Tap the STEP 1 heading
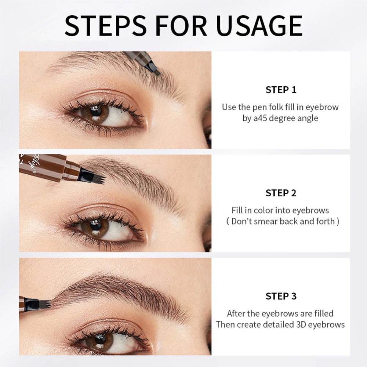pos(281,90)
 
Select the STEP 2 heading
pos(281,193)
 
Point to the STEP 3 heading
pos(281,296)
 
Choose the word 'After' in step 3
pos(237,313)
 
